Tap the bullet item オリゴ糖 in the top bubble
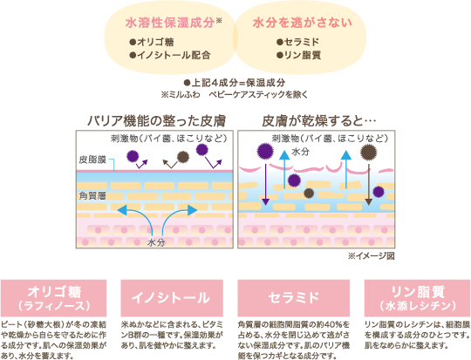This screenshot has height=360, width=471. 153,41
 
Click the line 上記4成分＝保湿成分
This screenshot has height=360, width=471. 235,79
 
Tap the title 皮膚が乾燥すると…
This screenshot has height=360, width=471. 319,119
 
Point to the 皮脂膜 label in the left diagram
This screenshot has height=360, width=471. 91,161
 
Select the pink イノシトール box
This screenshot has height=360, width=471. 174,292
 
